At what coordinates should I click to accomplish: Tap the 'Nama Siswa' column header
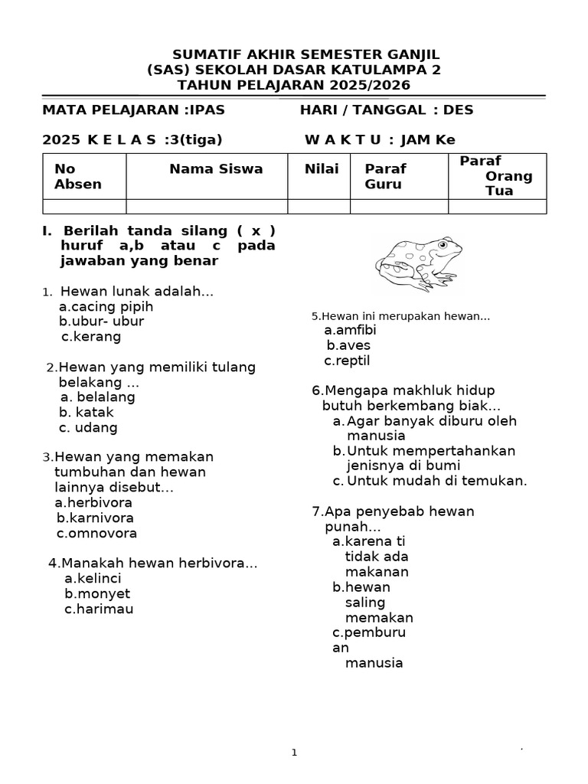click(x=216, y=169)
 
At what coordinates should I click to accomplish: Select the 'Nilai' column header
click(x=322, y=169)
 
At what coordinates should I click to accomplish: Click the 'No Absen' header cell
click(x=77, y=176)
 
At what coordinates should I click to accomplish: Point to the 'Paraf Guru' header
click(x=385, y=176)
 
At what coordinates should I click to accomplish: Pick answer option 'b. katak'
click(x=87, y=412)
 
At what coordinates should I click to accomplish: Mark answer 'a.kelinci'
click(x=93, y=578)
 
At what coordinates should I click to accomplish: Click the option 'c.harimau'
click(x=99, y=609)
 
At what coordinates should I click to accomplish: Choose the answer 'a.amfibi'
click(x=350, y=330)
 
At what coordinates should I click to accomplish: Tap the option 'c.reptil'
click(x=347, y=361)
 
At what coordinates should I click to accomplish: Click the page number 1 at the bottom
click(x=294, y=753)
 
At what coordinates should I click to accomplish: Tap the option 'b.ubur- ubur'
click(x=101, y=321)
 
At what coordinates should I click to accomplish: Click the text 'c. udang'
click(x=88, y=427)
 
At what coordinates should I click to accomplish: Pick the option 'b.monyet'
click(x=97, y=593)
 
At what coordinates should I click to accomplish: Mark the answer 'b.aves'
click(x=348, y=345)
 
